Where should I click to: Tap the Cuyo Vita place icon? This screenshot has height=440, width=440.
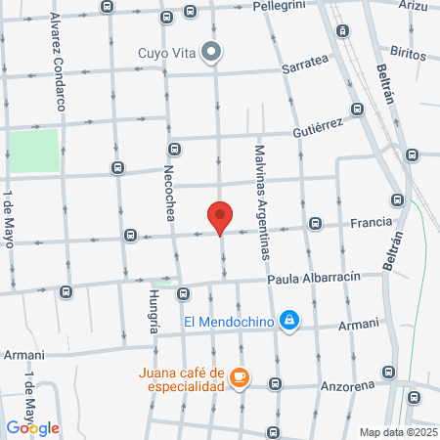tap(211, 53)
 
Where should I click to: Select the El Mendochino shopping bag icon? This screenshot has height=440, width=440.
tap(289, 320)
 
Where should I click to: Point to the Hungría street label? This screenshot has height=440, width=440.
tap(154, 312)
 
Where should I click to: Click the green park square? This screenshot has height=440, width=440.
tap(34, 152)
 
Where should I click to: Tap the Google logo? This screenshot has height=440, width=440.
tap(32, 427)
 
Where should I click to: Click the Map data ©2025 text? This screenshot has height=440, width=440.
tap(398, 432)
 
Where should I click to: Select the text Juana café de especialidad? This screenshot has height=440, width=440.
tap(181, 378)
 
